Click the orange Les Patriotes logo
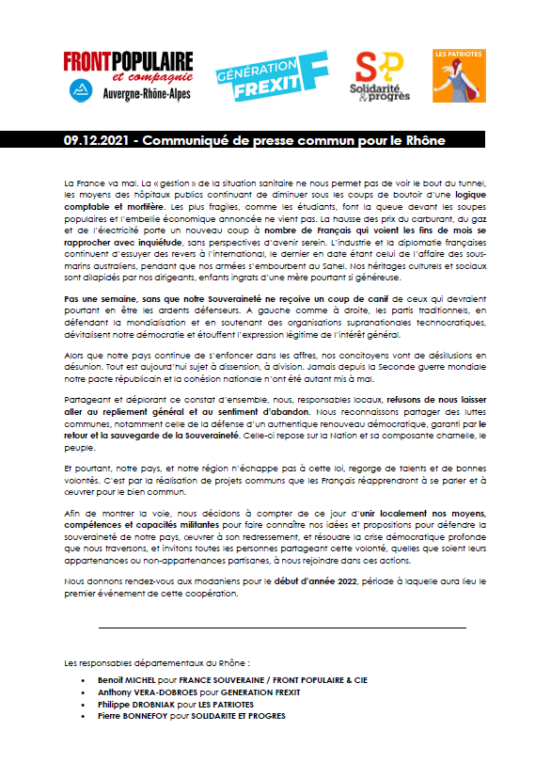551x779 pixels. tap(459, 76)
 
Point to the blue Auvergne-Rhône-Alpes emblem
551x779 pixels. tap(83, 91)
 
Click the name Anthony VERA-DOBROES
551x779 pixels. tap(143, 691)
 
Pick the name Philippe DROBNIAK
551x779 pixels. tap(137, 703)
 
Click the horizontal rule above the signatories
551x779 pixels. tap(282, 627)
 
